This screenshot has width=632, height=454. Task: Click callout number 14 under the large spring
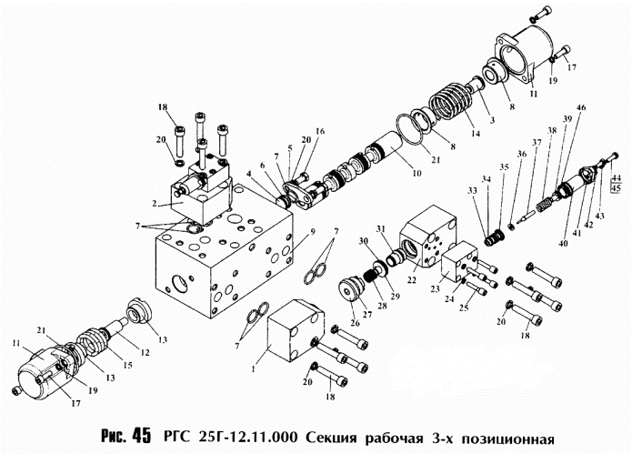(x=475, y=131)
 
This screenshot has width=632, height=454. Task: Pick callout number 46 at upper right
(x=581, y=108)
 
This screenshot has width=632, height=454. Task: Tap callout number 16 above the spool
(x=320, y=132)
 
